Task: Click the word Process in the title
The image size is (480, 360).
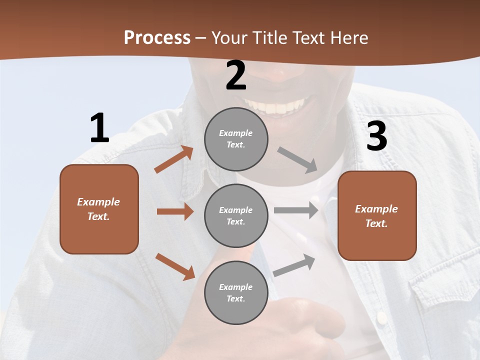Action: pos(157,37)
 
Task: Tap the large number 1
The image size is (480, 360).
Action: pos(99,128)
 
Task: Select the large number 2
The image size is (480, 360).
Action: pos(236,75)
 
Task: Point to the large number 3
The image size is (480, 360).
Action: pos(377,136)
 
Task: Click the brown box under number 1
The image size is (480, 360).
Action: pos(99,209)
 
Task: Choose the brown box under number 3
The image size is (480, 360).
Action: pos(377,215)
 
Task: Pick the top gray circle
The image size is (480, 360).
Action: pos(236,139)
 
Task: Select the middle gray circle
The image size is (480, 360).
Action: pos(236,215)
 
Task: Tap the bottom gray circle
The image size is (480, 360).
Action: pos(236,292)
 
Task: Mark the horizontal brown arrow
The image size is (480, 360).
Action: pos(175,211)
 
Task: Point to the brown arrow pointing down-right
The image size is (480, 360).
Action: pos(175,266)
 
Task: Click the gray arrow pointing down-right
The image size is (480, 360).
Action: pos(297,160)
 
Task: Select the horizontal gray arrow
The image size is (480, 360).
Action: pos(296,210)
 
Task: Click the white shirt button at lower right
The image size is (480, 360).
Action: pos(381,317)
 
